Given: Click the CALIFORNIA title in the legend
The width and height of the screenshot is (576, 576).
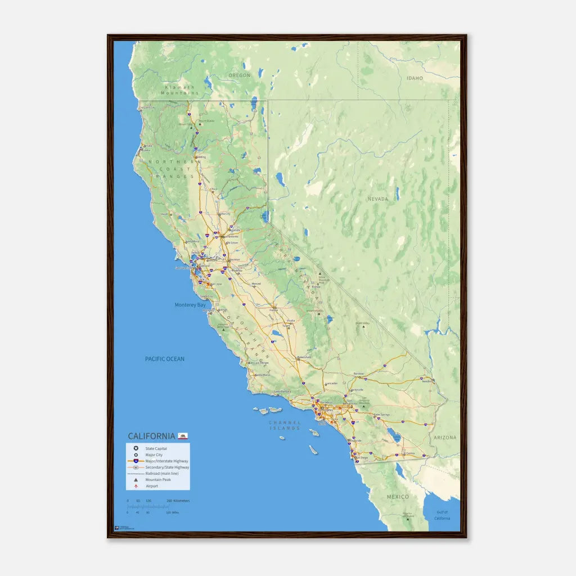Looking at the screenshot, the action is click(151, 436).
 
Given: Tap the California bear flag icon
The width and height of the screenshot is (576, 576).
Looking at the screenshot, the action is click(183, 435).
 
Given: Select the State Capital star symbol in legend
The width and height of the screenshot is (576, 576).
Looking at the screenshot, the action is click(136, 448).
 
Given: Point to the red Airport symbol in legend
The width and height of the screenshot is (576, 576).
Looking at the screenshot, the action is click(136, 485).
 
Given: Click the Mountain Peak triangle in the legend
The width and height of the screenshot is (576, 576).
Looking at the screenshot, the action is click(136, 479).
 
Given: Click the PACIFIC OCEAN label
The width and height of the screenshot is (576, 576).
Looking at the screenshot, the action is click(164, 359).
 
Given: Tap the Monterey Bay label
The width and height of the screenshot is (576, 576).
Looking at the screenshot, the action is click(190, 305).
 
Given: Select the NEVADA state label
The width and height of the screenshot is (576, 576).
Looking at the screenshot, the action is click(378, 199).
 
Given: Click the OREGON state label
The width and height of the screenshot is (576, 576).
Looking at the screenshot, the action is click(239, 75).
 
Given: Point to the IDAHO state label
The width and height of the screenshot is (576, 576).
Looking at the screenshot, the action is click(415, 78).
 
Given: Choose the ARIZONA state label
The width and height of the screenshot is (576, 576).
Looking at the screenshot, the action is click(445, 437).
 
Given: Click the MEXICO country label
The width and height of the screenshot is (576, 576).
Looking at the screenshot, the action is click(398, 497).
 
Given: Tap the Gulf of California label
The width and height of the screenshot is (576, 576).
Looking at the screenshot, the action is click(442, 515).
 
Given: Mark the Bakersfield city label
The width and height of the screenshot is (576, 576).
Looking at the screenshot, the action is click(304, 356).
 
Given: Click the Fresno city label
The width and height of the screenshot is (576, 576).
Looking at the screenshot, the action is click(274, 310).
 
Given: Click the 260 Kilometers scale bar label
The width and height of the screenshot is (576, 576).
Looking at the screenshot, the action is click(178, 501).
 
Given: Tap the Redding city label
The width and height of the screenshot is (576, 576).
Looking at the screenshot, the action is click(200, 157).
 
